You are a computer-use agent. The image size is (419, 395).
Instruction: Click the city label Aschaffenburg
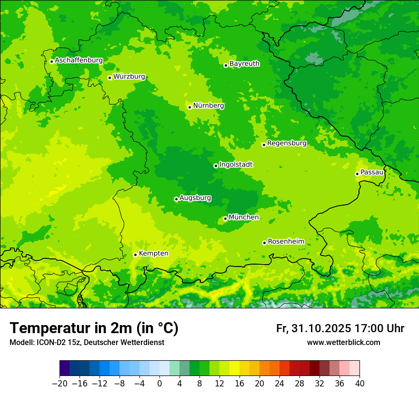click(x=79, y=60)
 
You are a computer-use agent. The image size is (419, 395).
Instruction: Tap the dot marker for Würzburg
click(x=110, y=78)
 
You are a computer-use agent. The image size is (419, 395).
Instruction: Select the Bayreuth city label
click(x=244, y=64)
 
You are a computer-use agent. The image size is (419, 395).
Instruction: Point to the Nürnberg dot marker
click(x=190, y=107)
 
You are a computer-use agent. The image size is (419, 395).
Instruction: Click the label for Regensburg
click(x=287, y=143)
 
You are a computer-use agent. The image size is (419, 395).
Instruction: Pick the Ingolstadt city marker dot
click(x=216, y=166)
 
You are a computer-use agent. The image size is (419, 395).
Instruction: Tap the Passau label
click(x=372, y=172)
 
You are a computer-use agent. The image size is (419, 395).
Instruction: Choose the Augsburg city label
click(x=195, y=198)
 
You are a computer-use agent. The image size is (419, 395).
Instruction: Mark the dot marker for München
click(x=225, y=218)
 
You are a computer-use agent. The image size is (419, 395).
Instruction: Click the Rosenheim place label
click(x=286, y=242)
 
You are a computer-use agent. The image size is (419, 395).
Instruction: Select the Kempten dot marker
click(x=135, y=255)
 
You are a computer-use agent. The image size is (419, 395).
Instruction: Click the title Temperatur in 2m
click(x=94, y=328)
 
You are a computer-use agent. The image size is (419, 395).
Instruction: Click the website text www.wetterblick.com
click(x=343, y=343)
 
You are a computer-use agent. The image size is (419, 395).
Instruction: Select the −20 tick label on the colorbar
click(x=60, y=384)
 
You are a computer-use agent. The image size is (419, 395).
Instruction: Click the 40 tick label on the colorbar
click(x=359, y=384)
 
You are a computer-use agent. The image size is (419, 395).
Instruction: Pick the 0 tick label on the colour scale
click(x=160, y=384)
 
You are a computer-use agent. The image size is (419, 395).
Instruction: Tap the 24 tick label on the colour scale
click(x=279, y=384)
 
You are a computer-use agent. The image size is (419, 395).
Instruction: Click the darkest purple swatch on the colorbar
click(x=64, y=368)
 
